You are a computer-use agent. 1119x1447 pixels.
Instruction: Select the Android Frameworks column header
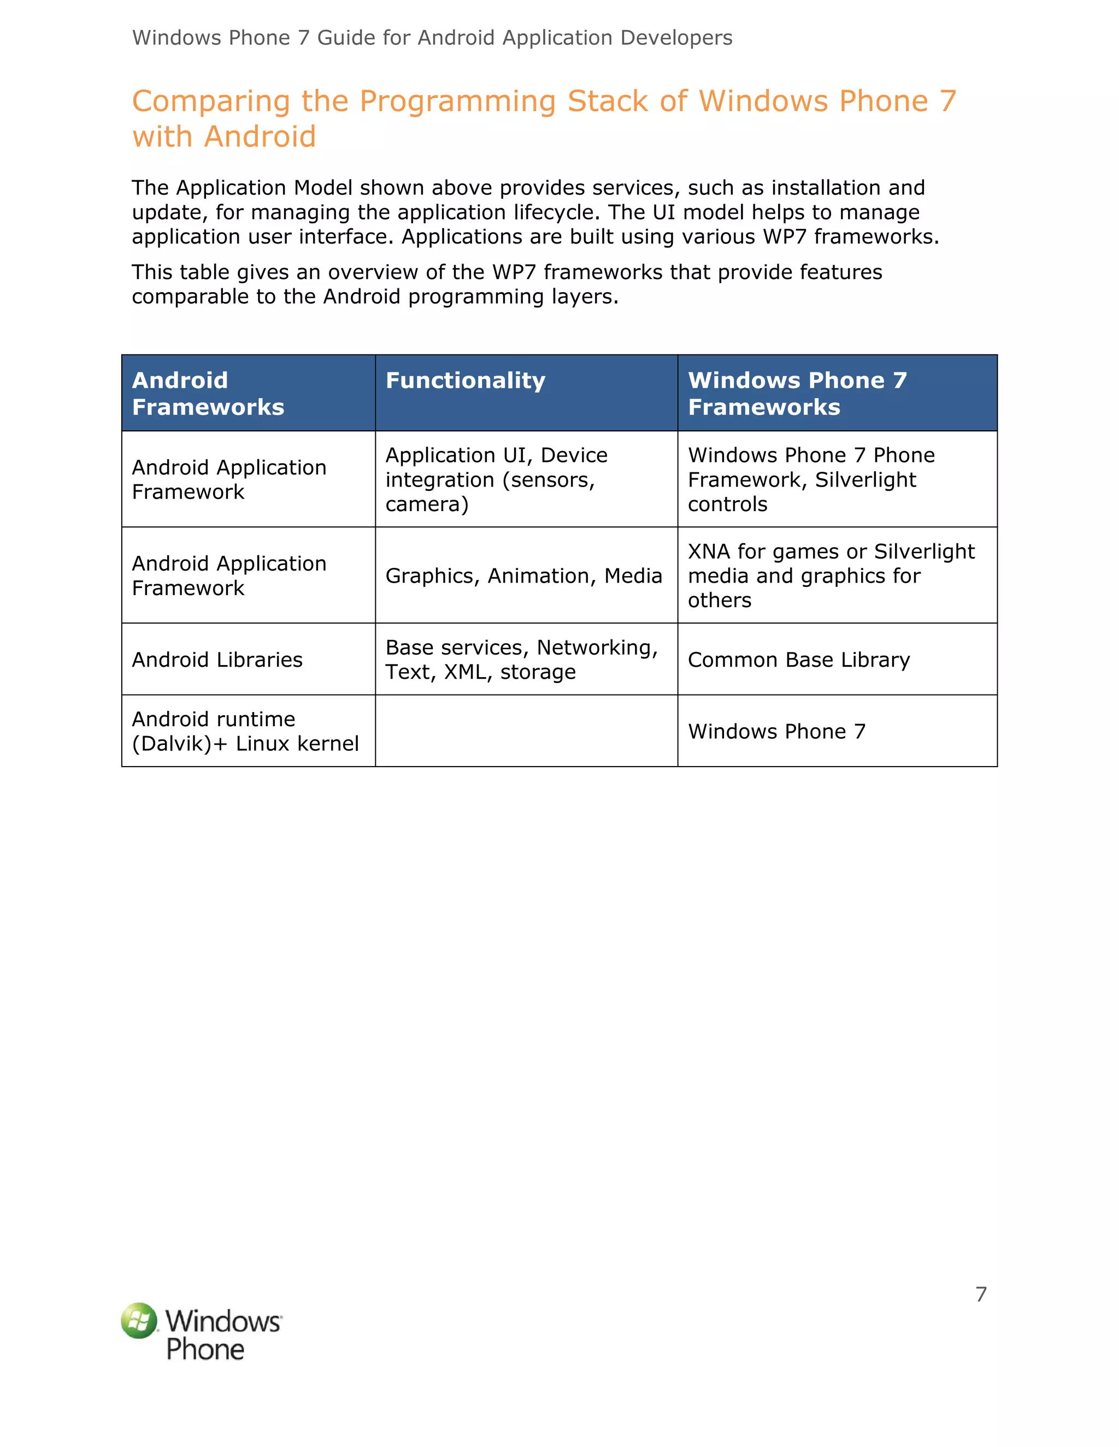click(x=208, y=393)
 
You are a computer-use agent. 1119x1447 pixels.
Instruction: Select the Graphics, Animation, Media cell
click(x=523, y=575)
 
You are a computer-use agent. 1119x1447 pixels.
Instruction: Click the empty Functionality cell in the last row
click(x=526, y=731)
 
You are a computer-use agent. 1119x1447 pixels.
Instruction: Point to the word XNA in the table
click(x=709, y=551)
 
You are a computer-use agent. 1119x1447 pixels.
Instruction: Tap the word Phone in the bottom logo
click(x=205, y=1350)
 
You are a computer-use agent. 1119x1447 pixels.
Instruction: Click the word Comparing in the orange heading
click(x=210, y=102)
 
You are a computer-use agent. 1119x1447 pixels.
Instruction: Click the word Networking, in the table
click(x=597, y=647)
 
